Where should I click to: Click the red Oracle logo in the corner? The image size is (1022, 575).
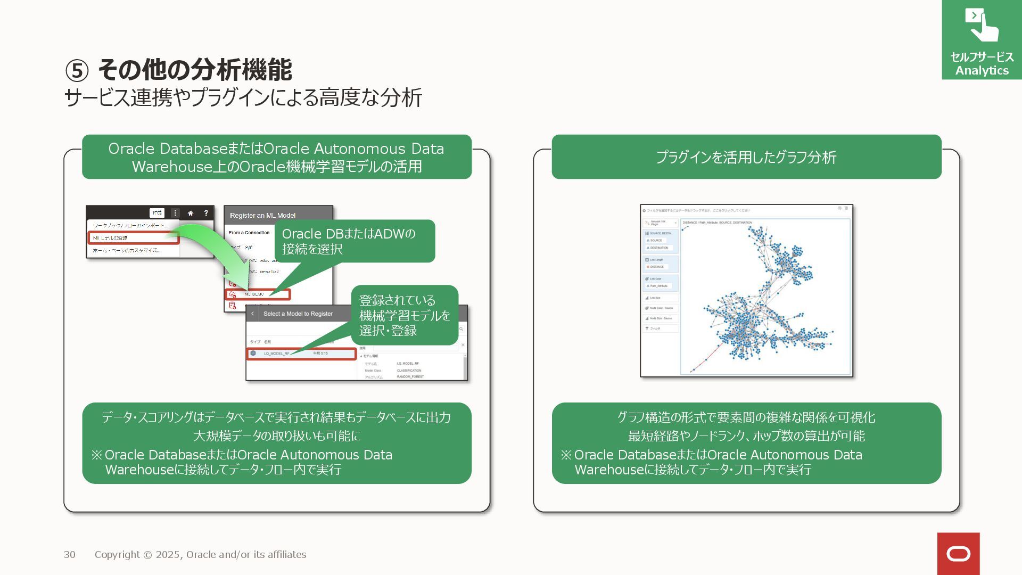958,554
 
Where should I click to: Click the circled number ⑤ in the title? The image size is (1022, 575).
77,71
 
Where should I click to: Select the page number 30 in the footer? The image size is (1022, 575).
70,555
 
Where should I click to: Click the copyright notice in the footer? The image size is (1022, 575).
200,555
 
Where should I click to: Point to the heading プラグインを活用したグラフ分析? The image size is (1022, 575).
746,157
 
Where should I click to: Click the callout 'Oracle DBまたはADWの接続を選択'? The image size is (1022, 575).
354,241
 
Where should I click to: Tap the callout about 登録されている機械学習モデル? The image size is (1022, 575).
404,315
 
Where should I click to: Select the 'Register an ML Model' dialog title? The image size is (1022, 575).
262,216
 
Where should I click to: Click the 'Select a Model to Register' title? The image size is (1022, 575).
298,314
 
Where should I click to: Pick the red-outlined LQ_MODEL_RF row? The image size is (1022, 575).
301,354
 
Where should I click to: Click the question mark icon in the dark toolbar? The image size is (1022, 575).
206,213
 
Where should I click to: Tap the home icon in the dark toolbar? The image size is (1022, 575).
191,213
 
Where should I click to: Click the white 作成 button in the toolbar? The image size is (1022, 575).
157,213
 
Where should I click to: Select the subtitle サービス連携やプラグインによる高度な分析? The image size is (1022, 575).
243,98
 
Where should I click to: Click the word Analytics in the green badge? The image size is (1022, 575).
982,71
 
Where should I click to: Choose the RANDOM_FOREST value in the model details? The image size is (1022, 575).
410,377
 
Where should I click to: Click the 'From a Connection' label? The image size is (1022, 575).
249,233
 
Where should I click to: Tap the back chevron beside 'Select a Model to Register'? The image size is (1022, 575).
253,314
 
